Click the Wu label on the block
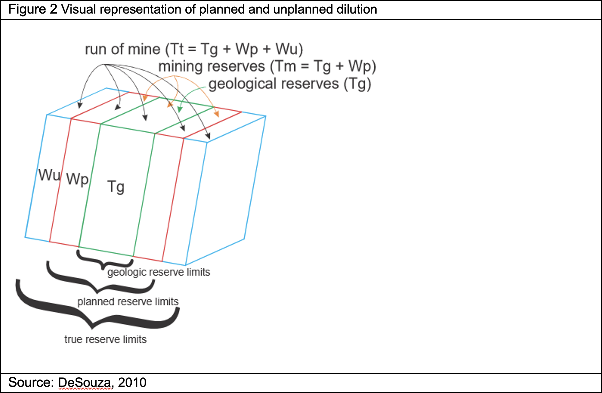pos(49,175)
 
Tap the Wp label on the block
pos(77,179)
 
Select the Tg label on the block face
pos(116,187)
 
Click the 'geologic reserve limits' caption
pos(158,272)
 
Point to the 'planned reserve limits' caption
pos(128,301)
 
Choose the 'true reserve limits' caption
pos(105,339)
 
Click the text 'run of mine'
pos(123,49)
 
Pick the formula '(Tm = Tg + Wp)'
pos(323,66)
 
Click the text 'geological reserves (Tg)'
pos(290,84)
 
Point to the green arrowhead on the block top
pos(180,109)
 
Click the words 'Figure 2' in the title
pos(33,9)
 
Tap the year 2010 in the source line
pos(132,382)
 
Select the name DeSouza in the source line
pos(85,382)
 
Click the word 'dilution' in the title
pos(357,9)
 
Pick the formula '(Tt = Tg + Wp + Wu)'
pos(234,49)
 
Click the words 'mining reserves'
pos(212,66)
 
